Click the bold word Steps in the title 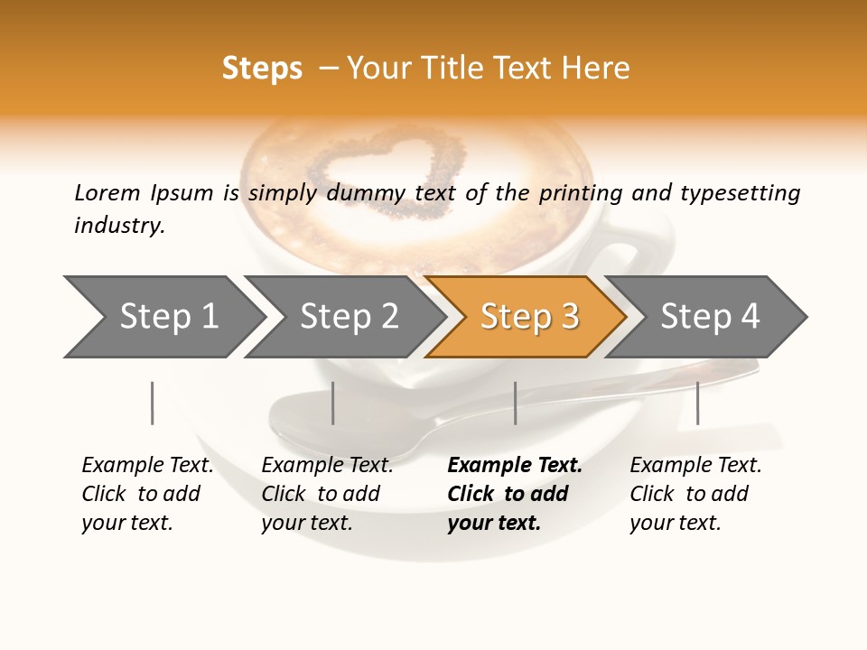262,69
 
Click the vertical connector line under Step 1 152,403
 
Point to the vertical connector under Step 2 333,403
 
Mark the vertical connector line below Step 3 515,403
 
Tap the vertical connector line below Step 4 697,403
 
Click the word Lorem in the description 107,192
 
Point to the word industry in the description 119,225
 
